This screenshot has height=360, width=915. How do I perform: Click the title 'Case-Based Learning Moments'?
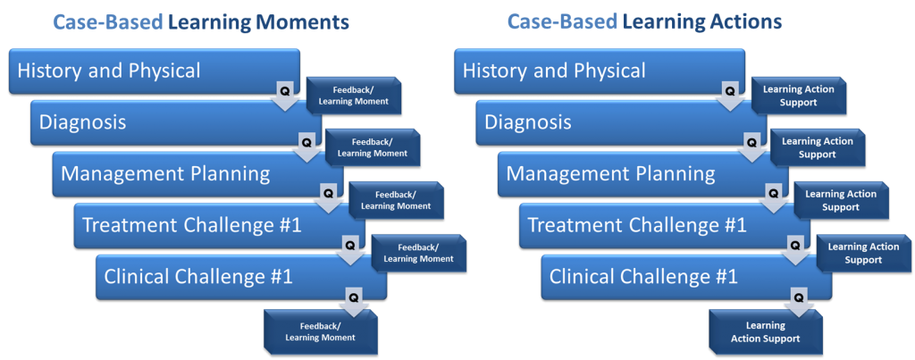[x=201, y=21]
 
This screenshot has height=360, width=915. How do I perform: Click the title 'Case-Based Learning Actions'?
[x=644, y=21]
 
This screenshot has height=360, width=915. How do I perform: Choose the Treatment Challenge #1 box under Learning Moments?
[x=206, y=225]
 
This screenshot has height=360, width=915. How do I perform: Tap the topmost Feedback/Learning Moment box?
[x=354, y=96]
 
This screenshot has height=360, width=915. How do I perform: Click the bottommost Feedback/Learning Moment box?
[x=320, y=331]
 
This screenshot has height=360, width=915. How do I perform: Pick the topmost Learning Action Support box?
[x=798, y=96]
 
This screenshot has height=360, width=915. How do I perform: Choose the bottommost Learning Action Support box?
[x=765, y=331]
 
